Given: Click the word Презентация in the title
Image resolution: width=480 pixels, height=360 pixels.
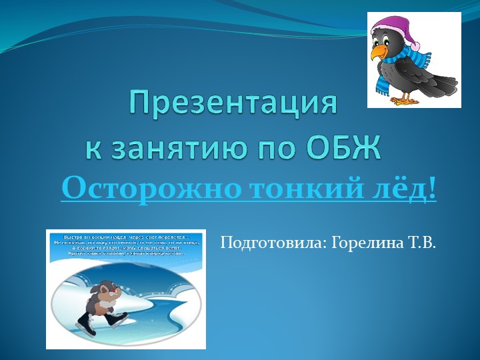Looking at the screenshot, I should tap(233, 104).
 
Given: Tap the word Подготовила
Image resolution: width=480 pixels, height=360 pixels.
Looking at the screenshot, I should tap(271, 242).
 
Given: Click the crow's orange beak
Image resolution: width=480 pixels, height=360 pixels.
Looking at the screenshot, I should tap(378, 51).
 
